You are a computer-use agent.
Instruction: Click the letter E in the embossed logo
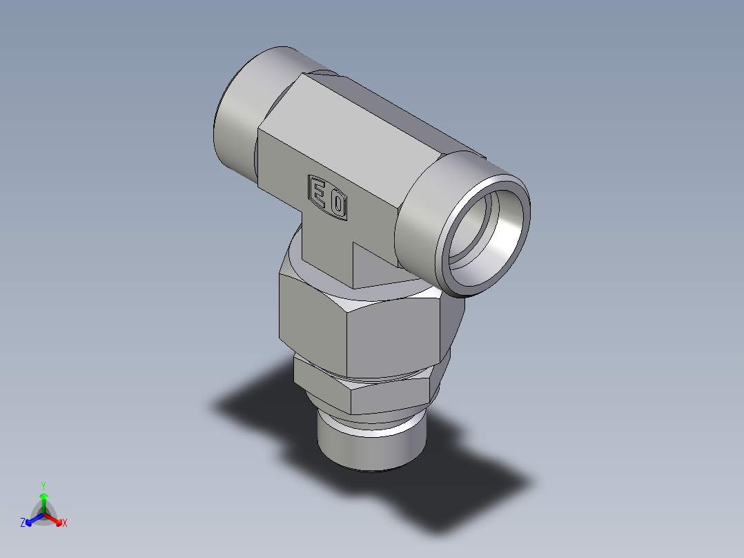click(317, 191)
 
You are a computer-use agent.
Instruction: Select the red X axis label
click(65, 523)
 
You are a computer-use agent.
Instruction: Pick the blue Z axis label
click(23, 523)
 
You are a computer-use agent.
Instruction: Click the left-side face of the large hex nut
click(311, 318)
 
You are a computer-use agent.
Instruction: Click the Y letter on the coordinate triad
click(43, 485)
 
